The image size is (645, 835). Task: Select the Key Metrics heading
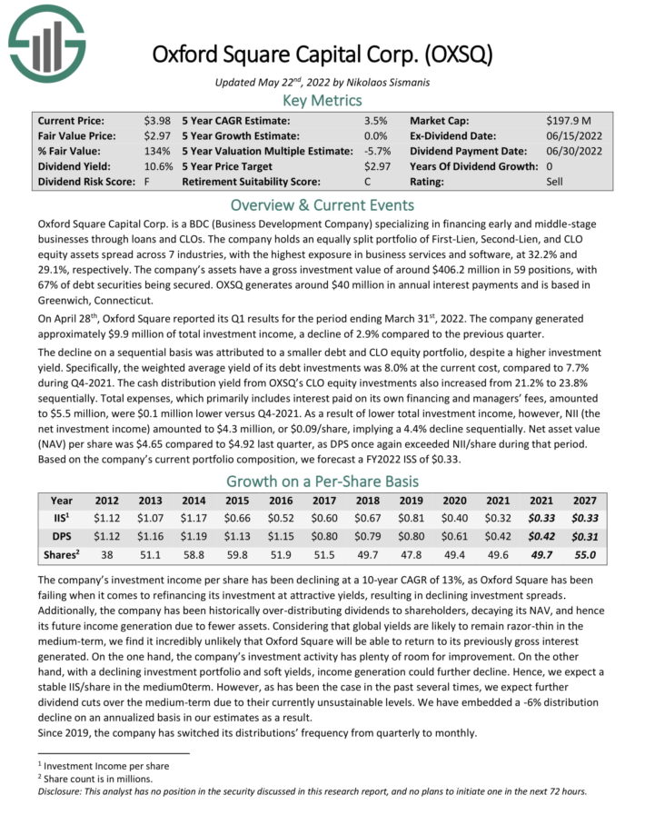coord(322,100)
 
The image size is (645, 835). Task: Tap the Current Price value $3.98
coord(157,120)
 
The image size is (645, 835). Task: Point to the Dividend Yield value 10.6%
coord(157,166)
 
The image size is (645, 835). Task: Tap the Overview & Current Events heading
coord(322,205)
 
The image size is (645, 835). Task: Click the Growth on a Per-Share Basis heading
coord(322,481)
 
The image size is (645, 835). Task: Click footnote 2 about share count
coord(87,779)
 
